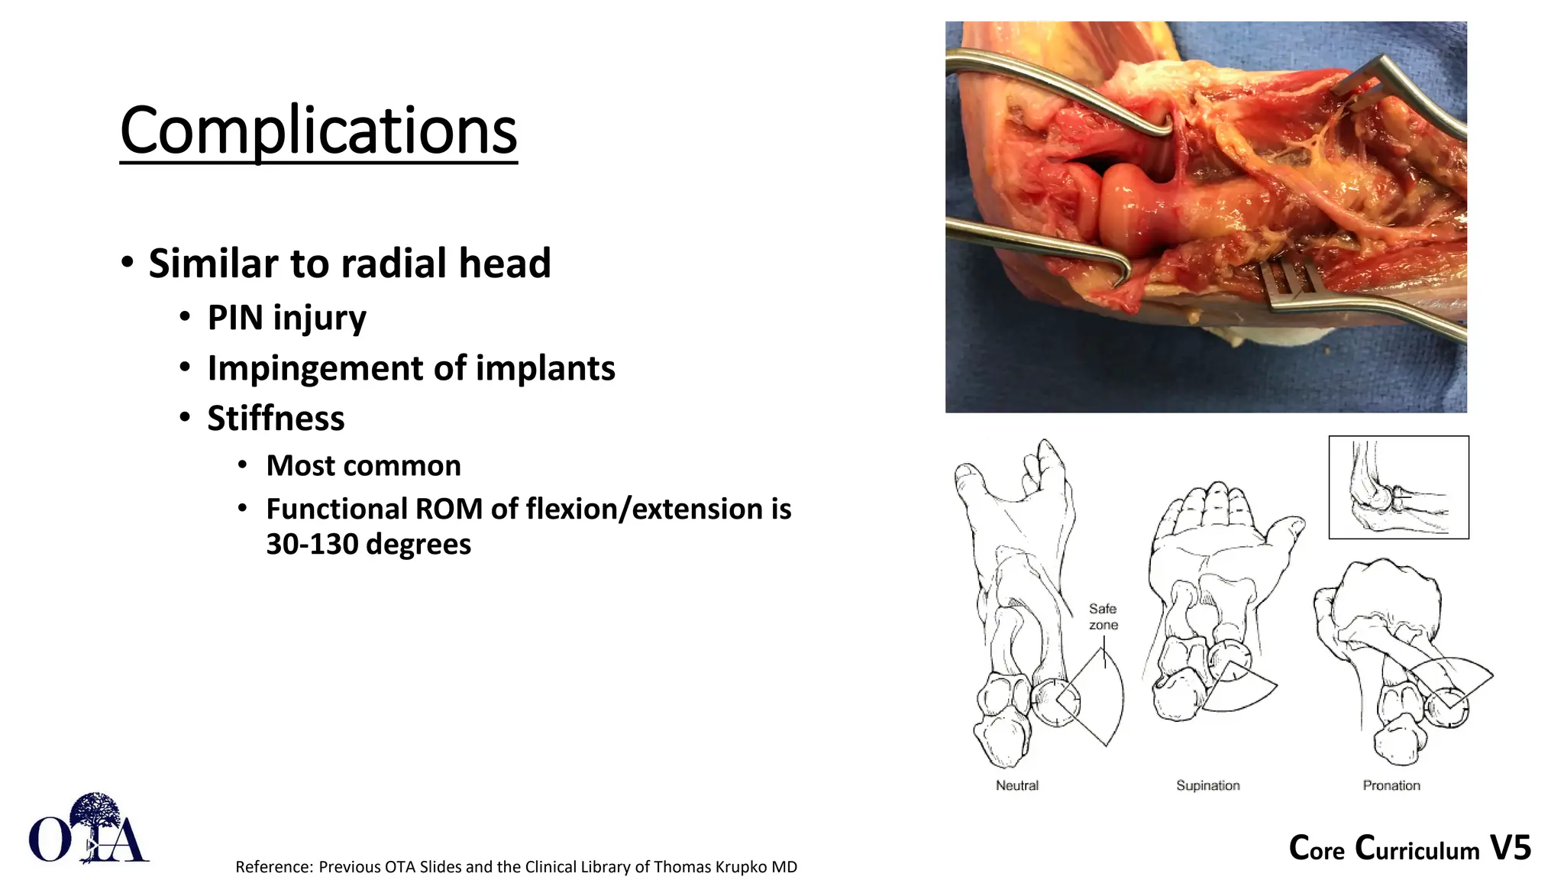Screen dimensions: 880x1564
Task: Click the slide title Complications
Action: (318, 131)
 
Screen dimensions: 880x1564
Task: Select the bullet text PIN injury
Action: (286, 318)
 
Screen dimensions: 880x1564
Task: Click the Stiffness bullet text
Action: (276, 419)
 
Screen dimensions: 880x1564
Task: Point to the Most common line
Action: (364, 466)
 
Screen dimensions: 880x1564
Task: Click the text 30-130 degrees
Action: (368, 545)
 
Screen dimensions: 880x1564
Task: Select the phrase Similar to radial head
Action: (349, 264)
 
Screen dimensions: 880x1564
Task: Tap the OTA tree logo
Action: (89, 830)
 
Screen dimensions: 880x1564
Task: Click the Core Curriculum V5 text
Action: (1410, 849)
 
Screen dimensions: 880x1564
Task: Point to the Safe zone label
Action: (1103, 616)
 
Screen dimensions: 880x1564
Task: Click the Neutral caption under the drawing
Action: (1016, 785)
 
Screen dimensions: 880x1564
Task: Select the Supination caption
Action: (1207, 785)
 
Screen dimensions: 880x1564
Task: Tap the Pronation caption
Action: (1391, 785)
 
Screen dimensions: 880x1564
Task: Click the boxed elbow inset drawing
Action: (1398, 487)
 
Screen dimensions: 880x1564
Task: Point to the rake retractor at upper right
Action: (1375, 84)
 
